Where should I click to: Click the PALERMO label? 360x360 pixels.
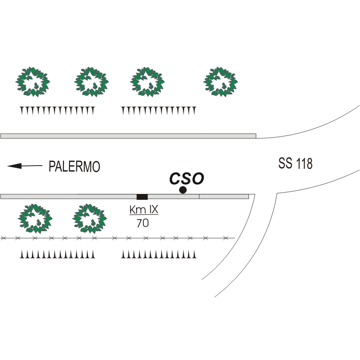[74, 167]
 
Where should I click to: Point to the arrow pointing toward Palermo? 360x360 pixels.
[25, 166]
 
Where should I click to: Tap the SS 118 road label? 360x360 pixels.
[295, 163]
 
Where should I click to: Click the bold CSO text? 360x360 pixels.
[187, 178]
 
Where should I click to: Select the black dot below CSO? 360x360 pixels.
[183, 190]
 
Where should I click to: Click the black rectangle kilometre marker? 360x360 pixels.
[142, 197]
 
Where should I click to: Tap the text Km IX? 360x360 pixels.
[144, 210]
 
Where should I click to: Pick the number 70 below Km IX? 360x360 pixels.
[143, 223]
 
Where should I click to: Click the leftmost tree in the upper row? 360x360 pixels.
[32, 82]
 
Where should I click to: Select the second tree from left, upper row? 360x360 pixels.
[91, 82]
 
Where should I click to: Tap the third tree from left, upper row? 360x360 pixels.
[147, 82]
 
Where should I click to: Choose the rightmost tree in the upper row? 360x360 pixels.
[220, 82]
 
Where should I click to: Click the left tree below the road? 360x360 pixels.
[35, 218]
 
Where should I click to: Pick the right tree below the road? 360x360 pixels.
[90, 218]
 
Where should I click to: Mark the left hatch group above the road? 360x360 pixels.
[57, 111]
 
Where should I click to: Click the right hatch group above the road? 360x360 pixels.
[159, 111]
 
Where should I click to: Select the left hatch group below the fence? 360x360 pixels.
[57, 254]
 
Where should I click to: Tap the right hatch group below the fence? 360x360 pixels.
[159, 254]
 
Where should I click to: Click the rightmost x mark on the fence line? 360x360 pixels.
[226, 238]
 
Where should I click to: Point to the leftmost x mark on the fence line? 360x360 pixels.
[3, 238]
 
